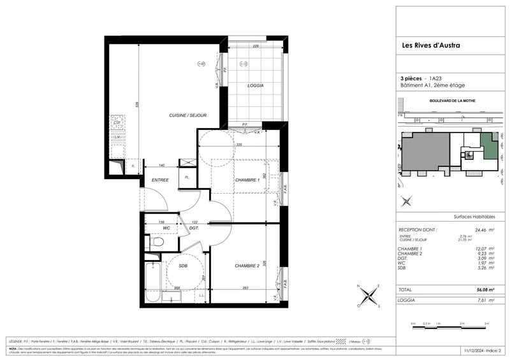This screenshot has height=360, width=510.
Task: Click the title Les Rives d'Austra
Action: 430,45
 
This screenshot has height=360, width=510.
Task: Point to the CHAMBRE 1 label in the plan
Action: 246,180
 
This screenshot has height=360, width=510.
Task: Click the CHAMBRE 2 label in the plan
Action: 246,266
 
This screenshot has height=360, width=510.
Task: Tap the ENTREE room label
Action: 160,180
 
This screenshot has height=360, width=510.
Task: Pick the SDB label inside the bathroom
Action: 183,266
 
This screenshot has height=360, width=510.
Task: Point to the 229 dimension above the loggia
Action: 255,46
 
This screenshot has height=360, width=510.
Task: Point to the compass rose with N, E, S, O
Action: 369,296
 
